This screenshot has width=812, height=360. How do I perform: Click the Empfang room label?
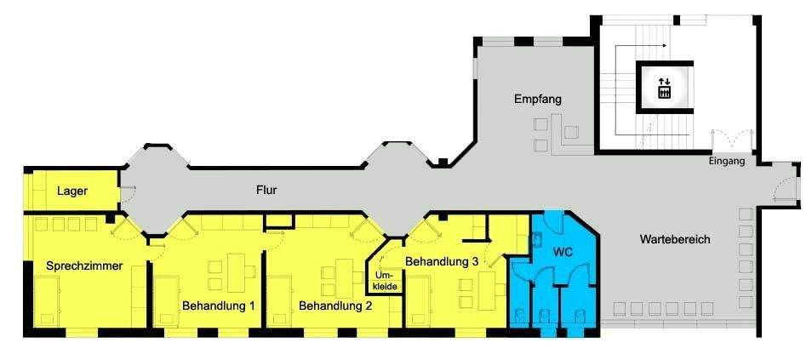click(538, 100)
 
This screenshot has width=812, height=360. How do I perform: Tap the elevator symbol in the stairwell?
click(664, 88)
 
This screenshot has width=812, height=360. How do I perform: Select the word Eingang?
click(726, 161)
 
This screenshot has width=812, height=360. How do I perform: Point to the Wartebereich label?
click(674, 240)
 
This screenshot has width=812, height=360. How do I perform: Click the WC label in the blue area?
click(563, 253)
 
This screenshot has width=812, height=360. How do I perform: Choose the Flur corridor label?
click(266, 190)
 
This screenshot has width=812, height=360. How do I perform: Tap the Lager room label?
click(72, 191)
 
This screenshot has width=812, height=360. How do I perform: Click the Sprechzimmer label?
click(84, 266)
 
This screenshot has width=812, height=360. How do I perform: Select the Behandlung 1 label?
click(219, 305)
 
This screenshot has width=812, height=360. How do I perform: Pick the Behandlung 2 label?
click(335, 305)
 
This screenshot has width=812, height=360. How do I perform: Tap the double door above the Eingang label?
click(731, 139)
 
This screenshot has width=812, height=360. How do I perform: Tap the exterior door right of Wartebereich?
click(786, 186)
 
